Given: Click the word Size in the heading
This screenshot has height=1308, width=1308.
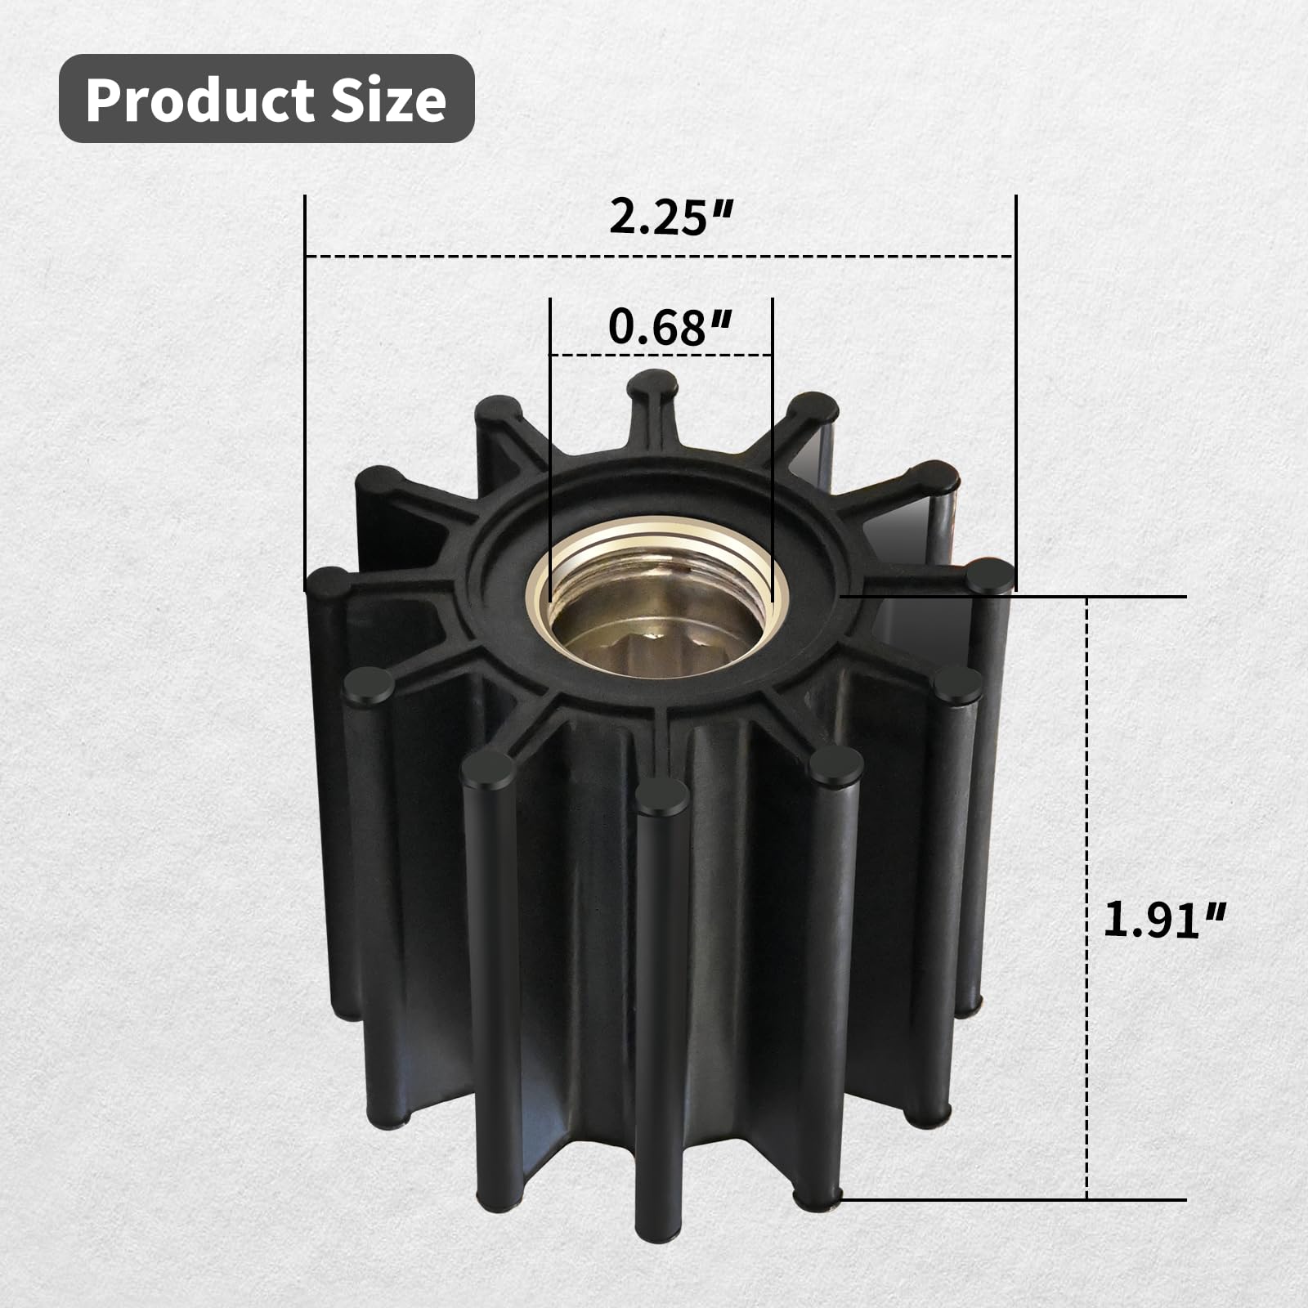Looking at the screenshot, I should [x=388, y=100].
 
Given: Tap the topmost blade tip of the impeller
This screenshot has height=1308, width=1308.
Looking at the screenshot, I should [x=656, y=383].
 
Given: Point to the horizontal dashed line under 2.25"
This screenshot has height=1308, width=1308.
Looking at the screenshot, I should [x=490, y=257].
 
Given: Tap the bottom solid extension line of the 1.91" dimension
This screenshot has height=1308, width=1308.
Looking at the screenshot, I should [x=1014, y=1200].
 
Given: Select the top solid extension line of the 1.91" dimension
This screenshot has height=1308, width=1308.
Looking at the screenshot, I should [x=1014, y=597].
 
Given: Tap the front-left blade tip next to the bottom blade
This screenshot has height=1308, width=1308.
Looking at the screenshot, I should [x=489, y=769].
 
